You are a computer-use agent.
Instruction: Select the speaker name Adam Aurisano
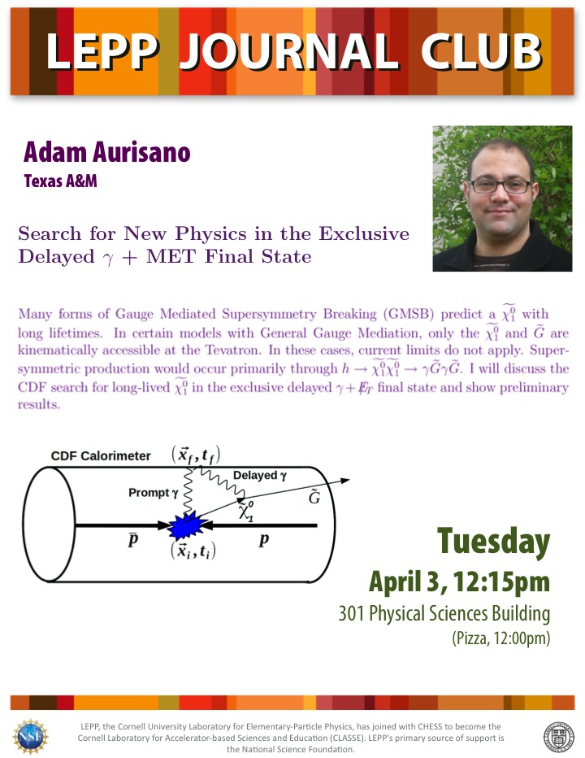(106, 152)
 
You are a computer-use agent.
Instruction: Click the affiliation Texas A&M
(60, 181)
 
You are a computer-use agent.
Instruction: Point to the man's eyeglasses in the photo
(501, 186)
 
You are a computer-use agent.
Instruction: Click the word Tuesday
(494, 542)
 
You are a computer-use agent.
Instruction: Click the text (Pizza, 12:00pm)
(501, 638)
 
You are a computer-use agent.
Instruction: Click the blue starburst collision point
(188, 525)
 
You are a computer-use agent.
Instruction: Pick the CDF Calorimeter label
(101, 456)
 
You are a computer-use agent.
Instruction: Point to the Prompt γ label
(154, 493)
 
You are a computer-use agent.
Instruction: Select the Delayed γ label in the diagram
(260, 476)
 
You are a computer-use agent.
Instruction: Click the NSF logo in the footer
(30, 736)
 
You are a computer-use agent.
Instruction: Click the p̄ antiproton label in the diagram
(133, 539)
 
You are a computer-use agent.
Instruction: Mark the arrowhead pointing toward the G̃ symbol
(344, 481)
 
